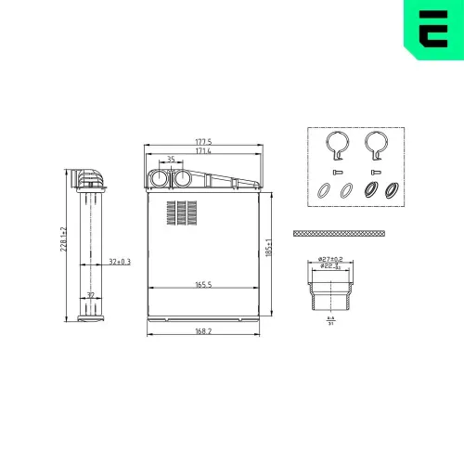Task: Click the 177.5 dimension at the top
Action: click(x=203, y=142)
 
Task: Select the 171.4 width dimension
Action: click(x=203, y=150)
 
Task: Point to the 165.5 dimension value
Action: click(x=204, y=285)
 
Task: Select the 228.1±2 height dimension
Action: click(x=63, y=245)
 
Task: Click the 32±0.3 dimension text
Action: click(x=120, y=262)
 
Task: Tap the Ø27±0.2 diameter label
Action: click(x=330, y=258)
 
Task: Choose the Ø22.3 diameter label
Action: click(x=330, y=266)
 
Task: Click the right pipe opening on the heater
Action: click(x=182, y=179)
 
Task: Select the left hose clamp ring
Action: click(x=336, y=144)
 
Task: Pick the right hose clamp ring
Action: click(x=375, y=144)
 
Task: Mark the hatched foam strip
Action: click(x=338, y=234)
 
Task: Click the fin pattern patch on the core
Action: click(x=182, y=212)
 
